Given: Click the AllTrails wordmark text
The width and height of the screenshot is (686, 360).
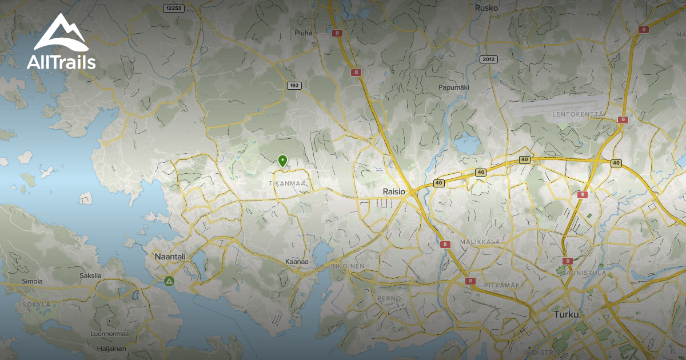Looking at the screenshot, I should tap(61, 62).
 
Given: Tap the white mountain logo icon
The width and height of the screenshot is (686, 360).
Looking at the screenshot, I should tap(60, 34).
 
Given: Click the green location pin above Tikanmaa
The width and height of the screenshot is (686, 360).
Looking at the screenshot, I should tap(282, 161).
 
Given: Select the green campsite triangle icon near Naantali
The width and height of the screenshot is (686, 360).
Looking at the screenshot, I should tap(169, 281).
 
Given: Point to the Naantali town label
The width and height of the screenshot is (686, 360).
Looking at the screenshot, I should tap(170, 257).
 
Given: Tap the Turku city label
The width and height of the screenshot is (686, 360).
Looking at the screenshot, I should tap(566, 315).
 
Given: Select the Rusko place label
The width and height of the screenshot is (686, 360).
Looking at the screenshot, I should tap(486, 8).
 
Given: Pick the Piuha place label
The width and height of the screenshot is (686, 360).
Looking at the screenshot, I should tap(304, 33).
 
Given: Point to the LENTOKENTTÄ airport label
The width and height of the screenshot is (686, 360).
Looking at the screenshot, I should tap(578, 114).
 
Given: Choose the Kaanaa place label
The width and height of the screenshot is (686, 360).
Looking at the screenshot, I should tap(297, 262).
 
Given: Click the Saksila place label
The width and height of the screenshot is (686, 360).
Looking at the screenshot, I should tap(90, 275).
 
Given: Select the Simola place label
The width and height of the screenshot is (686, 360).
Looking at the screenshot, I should tap(32, 281).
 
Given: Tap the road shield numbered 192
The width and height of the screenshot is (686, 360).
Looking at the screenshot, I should tap(294, 86).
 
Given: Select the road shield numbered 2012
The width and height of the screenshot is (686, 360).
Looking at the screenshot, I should tap(489, 59).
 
